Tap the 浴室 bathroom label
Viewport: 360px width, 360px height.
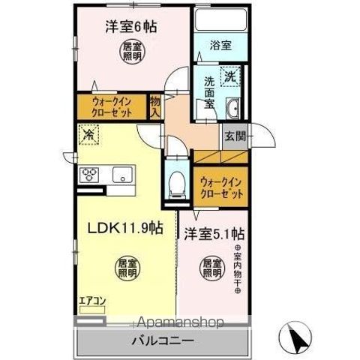[x=220, y=45]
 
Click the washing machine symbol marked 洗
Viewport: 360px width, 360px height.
[x=232, y=76]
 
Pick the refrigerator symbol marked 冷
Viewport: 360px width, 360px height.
[x=88, y=136]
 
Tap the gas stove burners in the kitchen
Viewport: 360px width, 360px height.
[x=90, y=175]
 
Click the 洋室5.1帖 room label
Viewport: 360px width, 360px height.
[x=214, y=232]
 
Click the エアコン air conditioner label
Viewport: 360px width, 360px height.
[x=92, y=301]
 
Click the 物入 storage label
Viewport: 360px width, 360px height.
[x=155, y=104]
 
